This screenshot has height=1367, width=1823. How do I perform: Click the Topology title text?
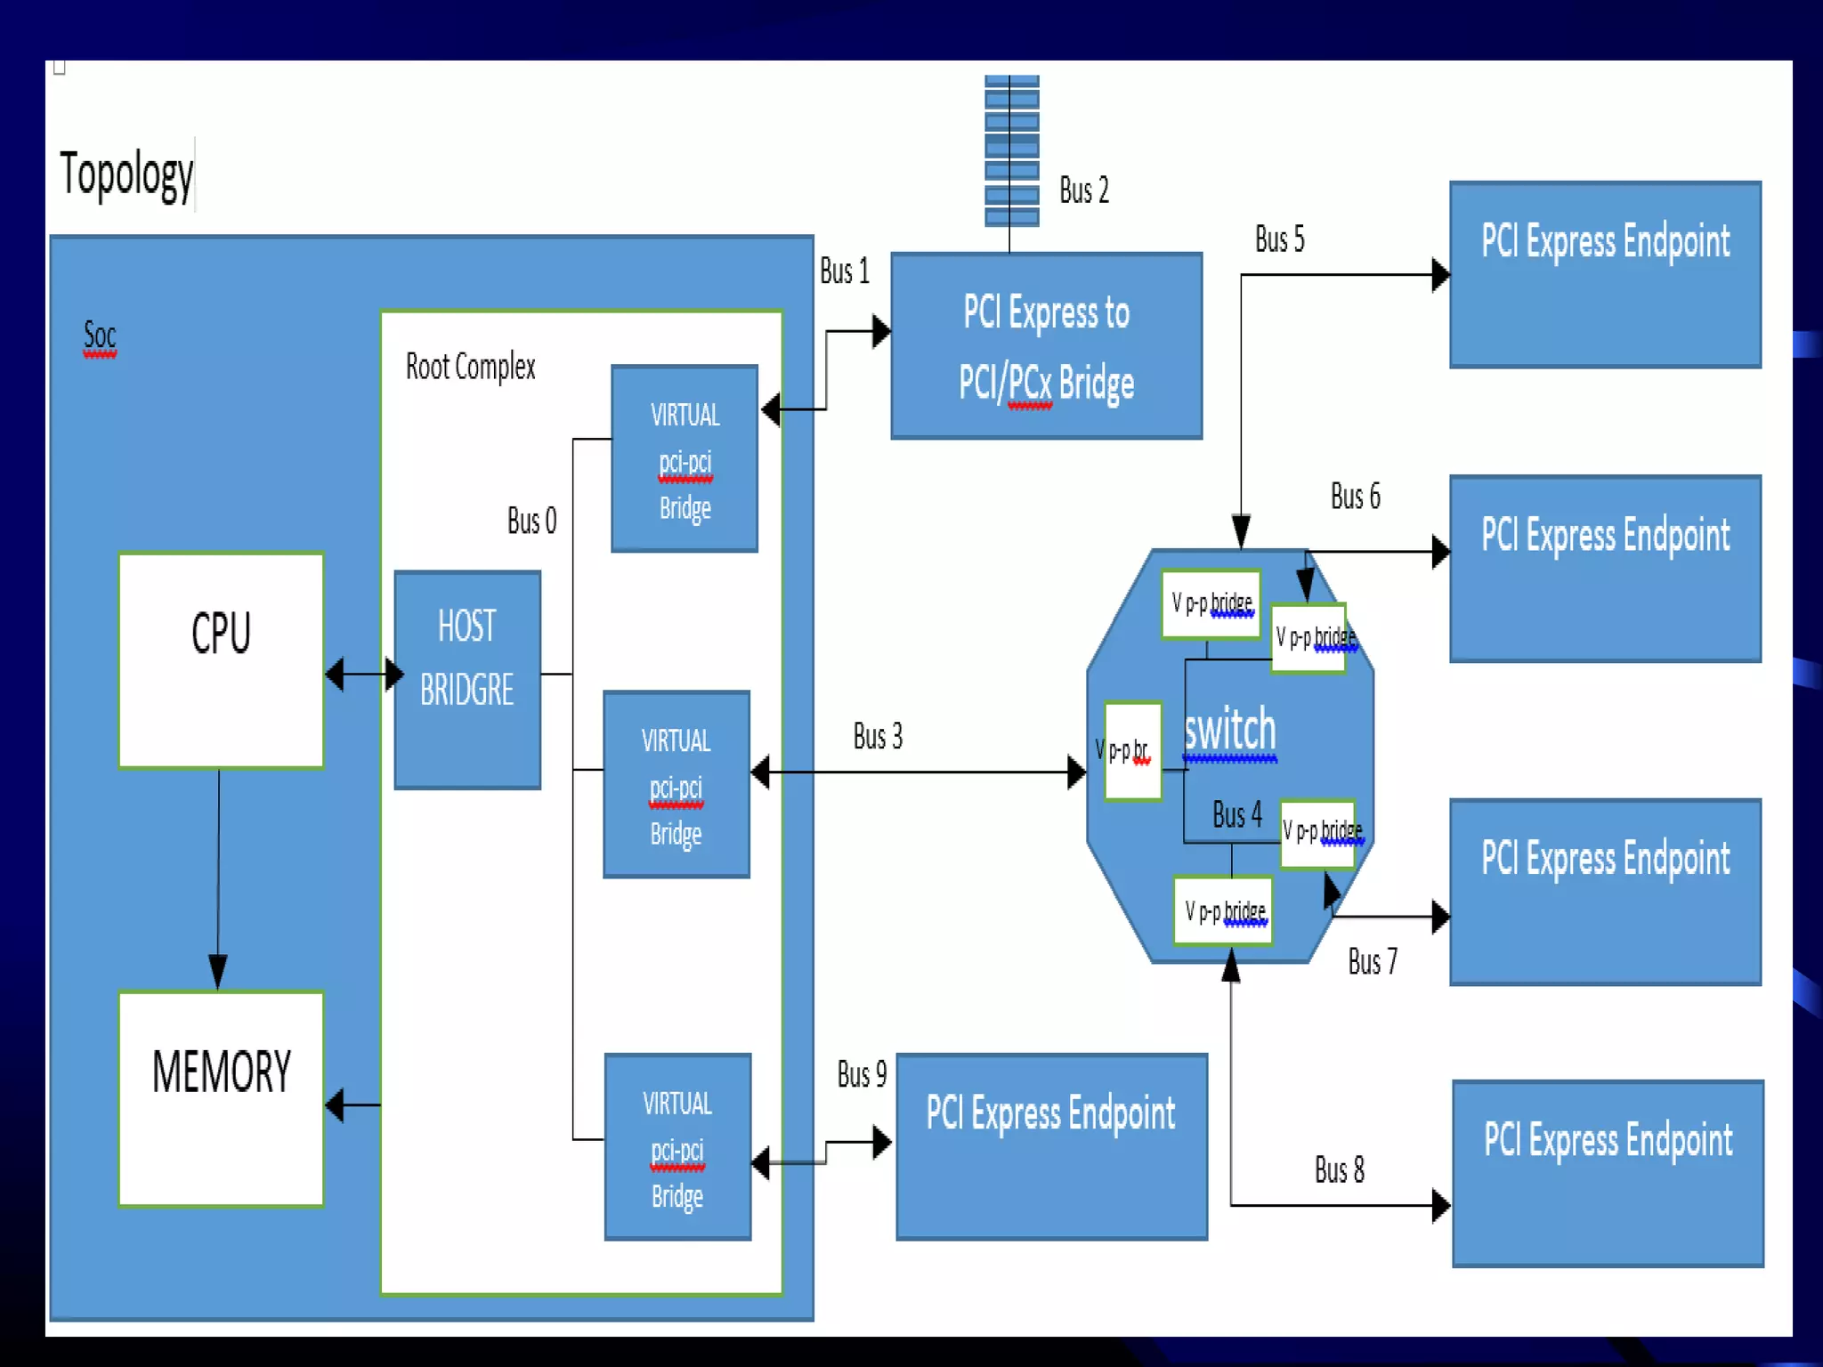tap(126, 174)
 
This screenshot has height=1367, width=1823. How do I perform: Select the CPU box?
tap(221, 659)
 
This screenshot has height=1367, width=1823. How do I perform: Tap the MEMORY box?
tap(221, 1098)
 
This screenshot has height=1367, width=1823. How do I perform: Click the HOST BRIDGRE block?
tap(467, 680)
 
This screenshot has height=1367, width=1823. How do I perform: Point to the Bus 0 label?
tap(531, 521)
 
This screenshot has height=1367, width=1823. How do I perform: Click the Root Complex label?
tap(470, 367)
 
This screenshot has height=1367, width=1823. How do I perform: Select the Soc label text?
tap(100, 336)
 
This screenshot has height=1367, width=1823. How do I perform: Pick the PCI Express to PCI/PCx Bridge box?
tap(1046, 346)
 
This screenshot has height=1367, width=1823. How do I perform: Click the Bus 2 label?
tap(1083, 190)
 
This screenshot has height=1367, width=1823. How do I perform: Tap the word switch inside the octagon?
tap(1230, 730)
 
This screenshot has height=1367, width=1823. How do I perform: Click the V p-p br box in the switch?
tap(1132, 751)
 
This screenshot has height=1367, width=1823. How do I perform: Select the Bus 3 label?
tap(878, 736)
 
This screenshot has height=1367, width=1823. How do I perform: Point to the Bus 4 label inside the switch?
tap(1236, 814)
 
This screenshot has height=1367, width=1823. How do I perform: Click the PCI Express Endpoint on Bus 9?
tap(1051, 1146)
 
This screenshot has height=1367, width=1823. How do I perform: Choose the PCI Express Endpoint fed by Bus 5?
tap(1605, 274)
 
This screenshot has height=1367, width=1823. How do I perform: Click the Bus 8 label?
tap(1339, 1169)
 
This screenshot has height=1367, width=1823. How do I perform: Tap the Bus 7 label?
tap(1372, 962)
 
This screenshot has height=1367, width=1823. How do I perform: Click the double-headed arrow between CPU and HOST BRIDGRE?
tap(364, 674)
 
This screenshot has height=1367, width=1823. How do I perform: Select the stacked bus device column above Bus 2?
tap(1011, 151)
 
